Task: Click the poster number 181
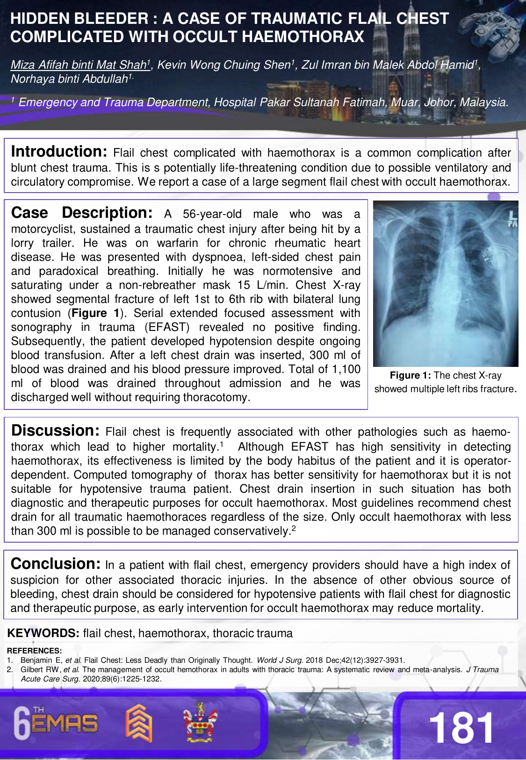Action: pos(461,728)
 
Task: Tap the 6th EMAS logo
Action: pos(56,724)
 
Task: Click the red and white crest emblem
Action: pos(200,723)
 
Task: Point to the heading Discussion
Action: pos(55,430)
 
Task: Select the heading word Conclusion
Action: pos(56,564)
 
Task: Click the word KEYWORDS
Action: pos(43,633)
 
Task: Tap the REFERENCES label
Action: pos(34,651)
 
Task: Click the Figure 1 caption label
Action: pos(411,375)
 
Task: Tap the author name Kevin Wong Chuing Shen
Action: pos(224,65)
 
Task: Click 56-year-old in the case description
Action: pos(212,214)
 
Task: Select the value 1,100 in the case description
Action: pos(346,369)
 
